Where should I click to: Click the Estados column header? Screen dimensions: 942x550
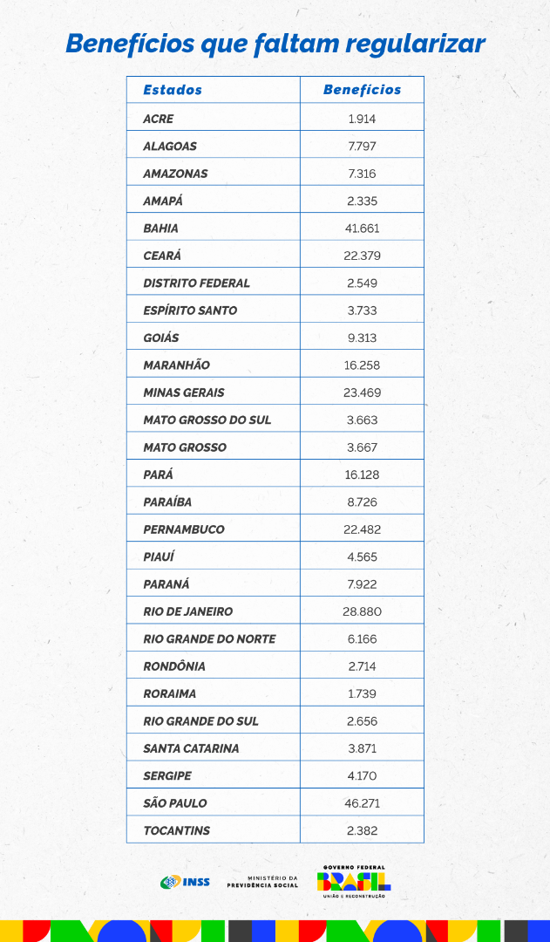(x=173, y=90)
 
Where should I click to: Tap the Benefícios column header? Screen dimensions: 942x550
(x=362, y=90)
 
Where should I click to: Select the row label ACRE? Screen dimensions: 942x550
(x=159, y=119)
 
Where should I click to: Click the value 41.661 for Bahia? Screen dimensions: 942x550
(x=362, y=229)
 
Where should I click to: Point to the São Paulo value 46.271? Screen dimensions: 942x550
(x=362, y=803)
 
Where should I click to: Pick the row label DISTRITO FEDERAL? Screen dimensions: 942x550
(x=196, y=283)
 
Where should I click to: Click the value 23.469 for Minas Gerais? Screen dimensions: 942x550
(x=362, y=392)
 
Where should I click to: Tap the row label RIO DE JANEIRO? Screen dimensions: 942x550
(x=187, y=611)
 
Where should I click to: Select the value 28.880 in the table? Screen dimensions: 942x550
(x=362, y=611)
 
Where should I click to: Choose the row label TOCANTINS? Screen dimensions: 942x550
(x=176, y=830)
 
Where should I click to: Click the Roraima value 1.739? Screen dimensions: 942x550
(x=362, y=693)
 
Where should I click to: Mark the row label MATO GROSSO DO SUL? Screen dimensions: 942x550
(x=207, y=420)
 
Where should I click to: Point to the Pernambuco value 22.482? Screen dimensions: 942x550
(x=362, y=529)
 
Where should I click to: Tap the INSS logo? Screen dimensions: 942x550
(x=185, y=882)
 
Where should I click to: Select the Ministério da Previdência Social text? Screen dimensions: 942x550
(x=262, y=882)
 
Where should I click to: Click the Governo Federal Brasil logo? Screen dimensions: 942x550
(x=353, y=881)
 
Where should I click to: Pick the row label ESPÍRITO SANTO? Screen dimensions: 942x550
(x=190, y=311)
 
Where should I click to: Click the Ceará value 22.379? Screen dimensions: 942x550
(x=362, y=256)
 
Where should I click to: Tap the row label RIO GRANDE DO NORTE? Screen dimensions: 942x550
(x=209, y=639)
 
